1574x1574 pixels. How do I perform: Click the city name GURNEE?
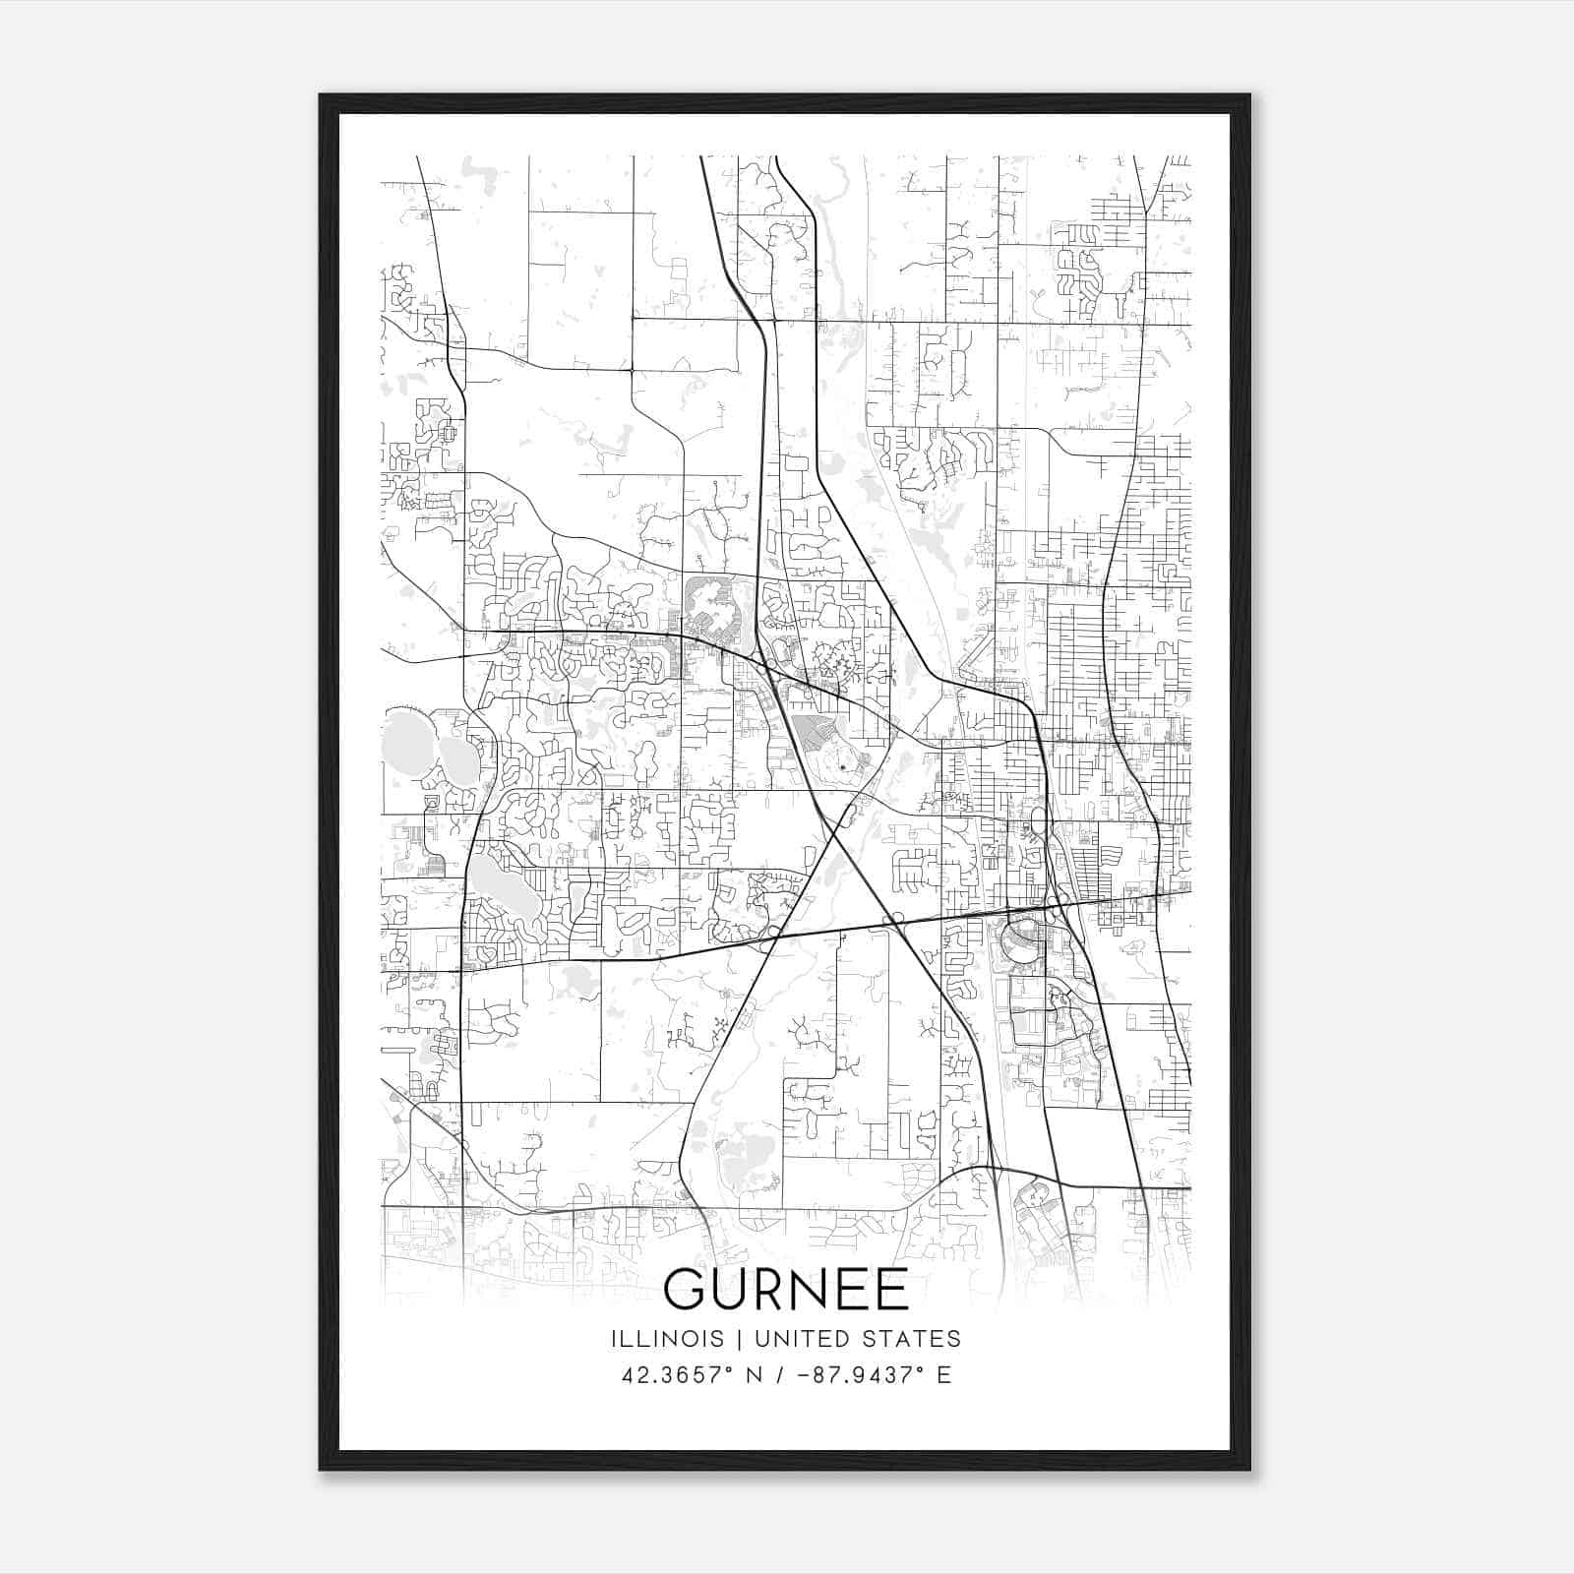click(x=786, y=1289)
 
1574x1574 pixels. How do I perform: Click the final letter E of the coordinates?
click(x=944, y=1375)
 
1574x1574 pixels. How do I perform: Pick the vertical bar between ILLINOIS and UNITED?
click(x=724, y=1339)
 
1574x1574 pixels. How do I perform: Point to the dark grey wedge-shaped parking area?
click(x=815, y=732)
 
